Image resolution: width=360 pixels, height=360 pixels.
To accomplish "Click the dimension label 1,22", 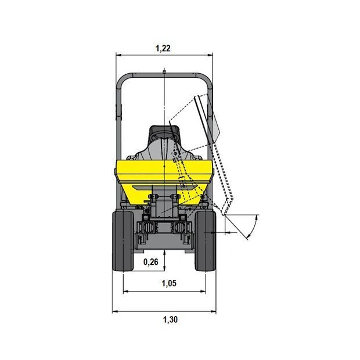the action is pyautogui.click(x=163, y=48).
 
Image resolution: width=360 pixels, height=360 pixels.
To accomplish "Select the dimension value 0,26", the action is pyautogui.click(x=150, y=262).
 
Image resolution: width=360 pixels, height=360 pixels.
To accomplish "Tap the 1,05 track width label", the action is pyautogui.click(x=169, y=283).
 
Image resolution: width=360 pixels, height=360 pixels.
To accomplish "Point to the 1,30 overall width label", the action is pyautogui.click(x=170, y=319).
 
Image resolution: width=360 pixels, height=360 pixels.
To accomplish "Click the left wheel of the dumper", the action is pyautogui.click(x=123, y=241).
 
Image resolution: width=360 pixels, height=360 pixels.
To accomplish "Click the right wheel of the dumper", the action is pyautogui.click(x=205, y=241).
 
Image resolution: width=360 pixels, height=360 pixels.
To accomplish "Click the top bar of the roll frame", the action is pyautogui.click(x=164, y=75).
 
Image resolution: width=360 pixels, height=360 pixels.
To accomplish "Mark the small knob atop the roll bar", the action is pyautogui.click(x=164, y=71).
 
